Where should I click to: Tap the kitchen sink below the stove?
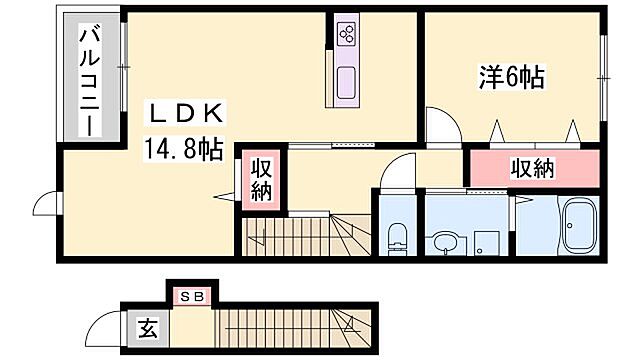tap(346, 82)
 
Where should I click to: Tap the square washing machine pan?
tap(486, 241)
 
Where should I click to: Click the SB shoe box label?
tap(190, 296)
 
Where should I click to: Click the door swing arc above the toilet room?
tap(396, 170)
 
